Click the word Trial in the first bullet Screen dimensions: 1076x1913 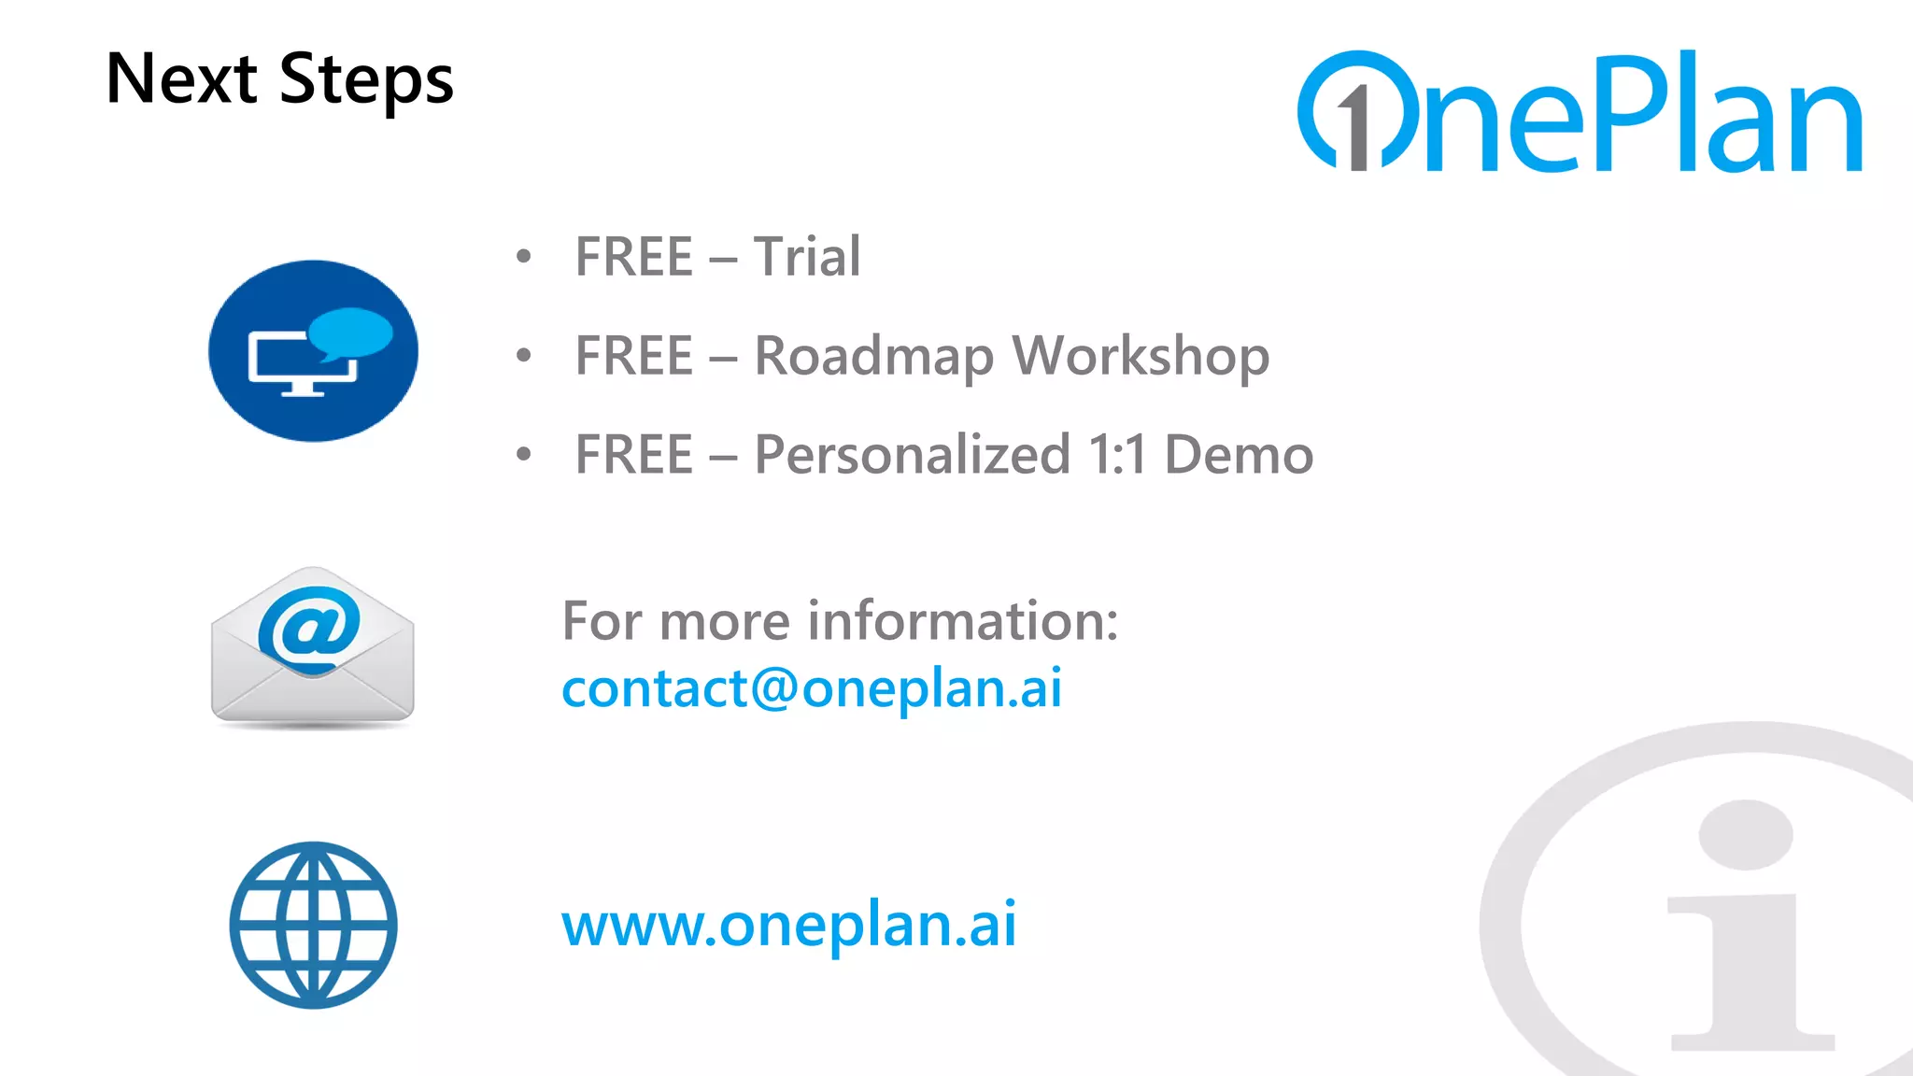[x=807, y=257]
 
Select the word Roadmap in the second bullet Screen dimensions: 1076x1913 [x=874, y=357]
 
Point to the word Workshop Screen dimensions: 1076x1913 [x=1141, y=357]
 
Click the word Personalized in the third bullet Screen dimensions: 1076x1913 [x=912, y=456]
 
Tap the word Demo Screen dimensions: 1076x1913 [x=1239, y=456]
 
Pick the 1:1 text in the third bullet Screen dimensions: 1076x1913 [x=1117, y=456]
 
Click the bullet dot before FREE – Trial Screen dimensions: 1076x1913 [x=524, y=256]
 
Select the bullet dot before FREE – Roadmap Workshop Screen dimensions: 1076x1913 [x=524, y=355]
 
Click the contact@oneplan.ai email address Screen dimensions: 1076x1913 [x=812, y=688]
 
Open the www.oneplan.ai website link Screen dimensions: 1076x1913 [x=788, y=925]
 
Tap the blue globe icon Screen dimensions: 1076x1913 [x=314, y=926]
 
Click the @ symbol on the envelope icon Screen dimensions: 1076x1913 [x=309, y=625]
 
